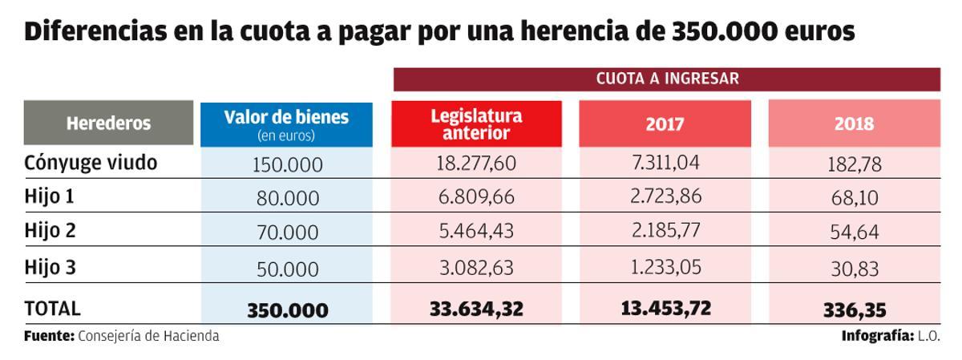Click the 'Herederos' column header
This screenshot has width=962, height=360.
click(x=108, y=123)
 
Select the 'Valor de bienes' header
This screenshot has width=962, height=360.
click(x=286, y=123)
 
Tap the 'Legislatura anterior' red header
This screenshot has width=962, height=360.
click(x=476, y=123)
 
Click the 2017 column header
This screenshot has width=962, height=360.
click(x=665, y=124)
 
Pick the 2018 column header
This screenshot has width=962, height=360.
click(x=854, y=124)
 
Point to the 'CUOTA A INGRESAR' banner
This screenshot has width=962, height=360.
click(x=666, y=79)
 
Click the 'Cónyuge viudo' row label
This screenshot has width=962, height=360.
click(x=91, y=163)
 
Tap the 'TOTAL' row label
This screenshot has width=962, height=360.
click(x=53, y=308)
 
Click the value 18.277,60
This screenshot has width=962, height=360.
click(x=476, y=164)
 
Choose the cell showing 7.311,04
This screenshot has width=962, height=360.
click(x=665, y=163)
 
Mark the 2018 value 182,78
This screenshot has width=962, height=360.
click(x=854, y=165)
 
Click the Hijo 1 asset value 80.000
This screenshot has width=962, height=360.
click(x=286, y=199)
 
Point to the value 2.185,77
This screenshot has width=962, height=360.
click(x=665, y=232)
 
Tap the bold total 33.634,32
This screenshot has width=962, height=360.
click(x=476, y=308)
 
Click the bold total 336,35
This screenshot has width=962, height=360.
click(x=854, y=309)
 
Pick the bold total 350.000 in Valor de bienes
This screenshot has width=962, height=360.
click(x=287, y=309)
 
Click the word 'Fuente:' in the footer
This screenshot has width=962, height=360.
click(x=49, y=336)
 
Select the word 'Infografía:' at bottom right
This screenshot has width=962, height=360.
click(x=877, y=336)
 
